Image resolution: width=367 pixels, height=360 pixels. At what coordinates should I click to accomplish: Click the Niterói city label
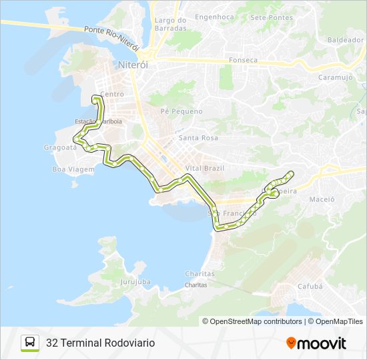(131, 65)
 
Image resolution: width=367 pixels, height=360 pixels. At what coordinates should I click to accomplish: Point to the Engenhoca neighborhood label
(214, 17)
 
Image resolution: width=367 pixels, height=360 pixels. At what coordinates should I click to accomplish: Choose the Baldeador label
(346, 40)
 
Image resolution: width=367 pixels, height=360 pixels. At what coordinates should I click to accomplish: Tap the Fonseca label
(243, 60)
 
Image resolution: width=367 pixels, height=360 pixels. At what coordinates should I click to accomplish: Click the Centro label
(112, 95)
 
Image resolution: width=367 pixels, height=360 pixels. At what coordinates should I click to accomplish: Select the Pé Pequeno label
(181, 111)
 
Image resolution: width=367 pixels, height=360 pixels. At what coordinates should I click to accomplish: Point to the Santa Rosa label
(198, 138)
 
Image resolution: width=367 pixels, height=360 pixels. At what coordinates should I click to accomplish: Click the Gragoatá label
(60, 147)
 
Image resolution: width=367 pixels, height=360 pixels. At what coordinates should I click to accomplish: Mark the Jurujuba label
(135, 282)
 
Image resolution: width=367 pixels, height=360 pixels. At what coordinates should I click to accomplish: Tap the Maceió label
(322, 199)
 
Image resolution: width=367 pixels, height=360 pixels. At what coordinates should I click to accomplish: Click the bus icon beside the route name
(30, 343)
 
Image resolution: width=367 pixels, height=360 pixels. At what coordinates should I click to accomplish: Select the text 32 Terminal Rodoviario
(100, 343)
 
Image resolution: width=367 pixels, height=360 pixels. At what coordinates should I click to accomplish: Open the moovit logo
(316, 343)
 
